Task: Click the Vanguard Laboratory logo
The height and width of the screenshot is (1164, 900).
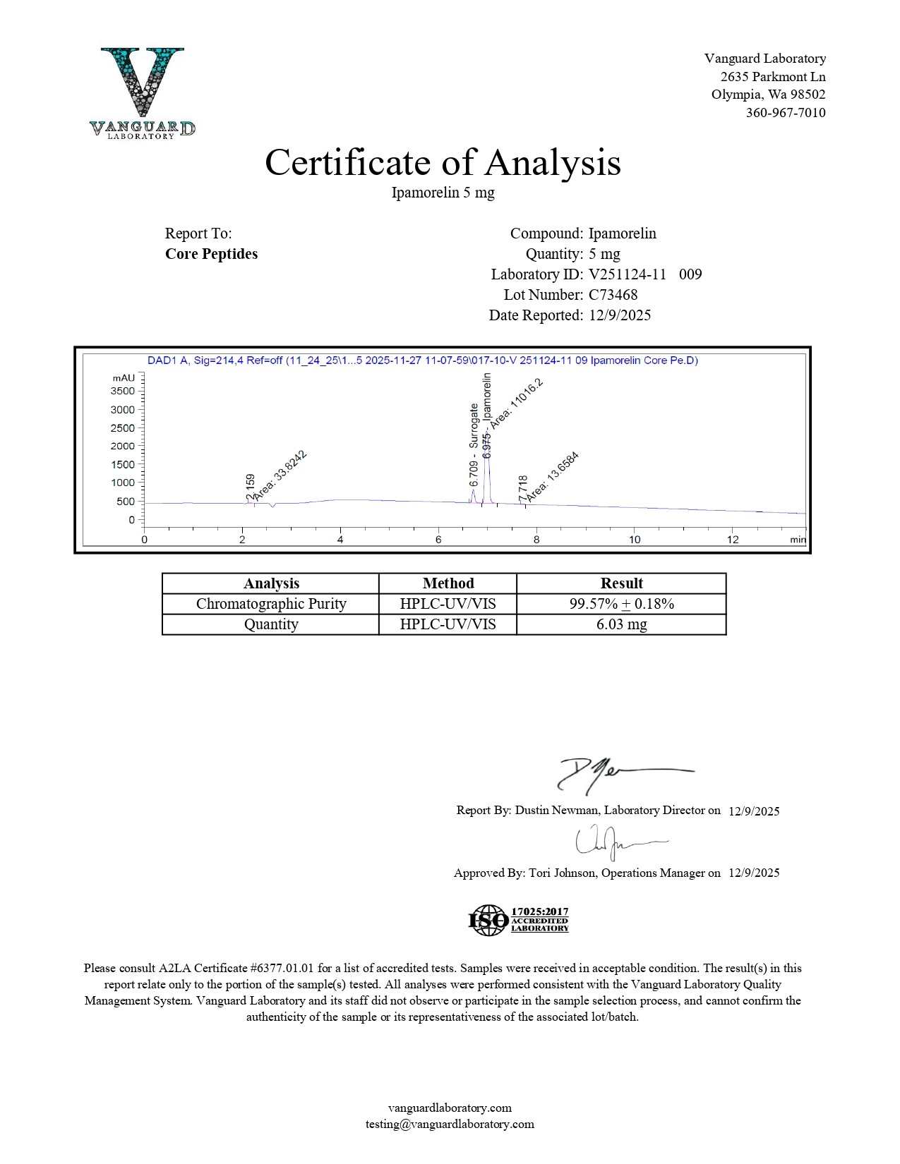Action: pos(143,92)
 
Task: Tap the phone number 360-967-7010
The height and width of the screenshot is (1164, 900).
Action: pos(785,113)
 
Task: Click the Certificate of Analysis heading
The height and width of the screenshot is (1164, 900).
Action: pos(443,162)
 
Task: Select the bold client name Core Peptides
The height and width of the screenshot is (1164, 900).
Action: pos(211,254)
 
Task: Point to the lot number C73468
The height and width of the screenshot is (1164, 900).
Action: pos(613,295)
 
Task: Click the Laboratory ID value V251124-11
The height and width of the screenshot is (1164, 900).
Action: pos(627,274)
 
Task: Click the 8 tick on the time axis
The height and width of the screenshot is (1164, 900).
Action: pos(536,540)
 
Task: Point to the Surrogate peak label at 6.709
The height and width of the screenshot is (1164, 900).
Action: pos(474,444)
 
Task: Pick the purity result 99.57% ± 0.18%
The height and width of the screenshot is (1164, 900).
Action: pos(621,604)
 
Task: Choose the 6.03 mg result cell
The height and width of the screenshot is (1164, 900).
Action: pos(621,624)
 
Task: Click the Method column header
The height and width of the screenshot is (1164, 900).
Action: pos(448,583)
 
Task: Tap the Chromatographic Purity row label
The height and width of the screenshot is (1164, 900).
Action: pos(271,604)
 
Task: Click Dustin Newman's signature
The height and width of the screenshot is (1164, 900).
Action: pos(621,775)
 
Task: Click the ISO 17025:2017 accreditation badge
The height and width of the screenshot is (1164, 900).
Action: pos(519,920)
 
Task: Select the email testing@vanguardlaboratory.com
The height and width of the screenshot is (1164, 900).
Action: pos(450,1124)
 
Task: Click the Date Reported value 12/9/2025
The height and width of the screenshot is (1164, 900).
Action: pos(620,315)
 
